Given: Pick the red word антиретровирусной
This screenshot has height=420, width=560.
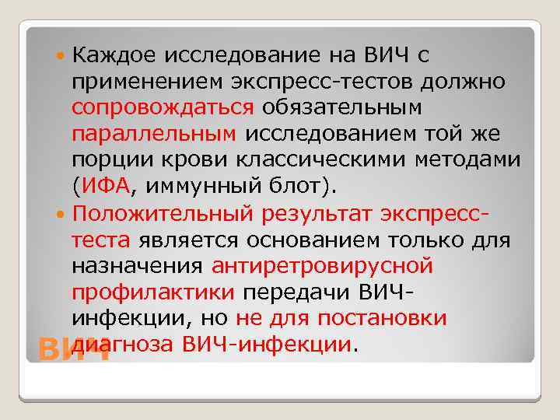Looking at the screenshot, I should pyautogui.click(x=321, y=265).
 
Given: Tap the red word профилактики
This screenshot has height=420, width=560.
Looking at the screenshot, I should pyautogui.click(x=152, y=292).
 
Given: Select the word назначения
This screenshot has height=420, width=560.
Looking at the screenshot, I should pyautogui.click(x=138, y=265).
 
